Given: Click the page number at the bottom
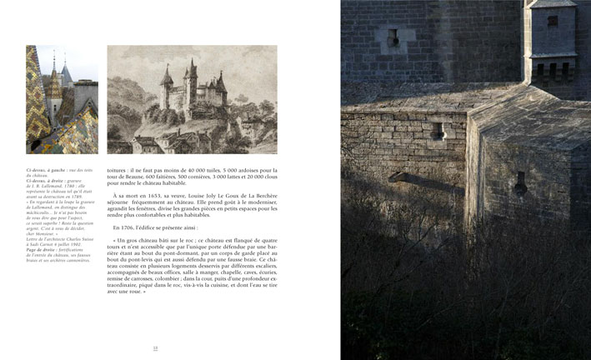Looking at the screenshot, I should tap(153, 348).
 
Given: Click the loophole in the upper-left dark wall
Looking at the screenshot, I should tap(392, 37).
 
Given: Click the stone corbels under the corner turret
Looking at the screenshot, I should tap(550, 70).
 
